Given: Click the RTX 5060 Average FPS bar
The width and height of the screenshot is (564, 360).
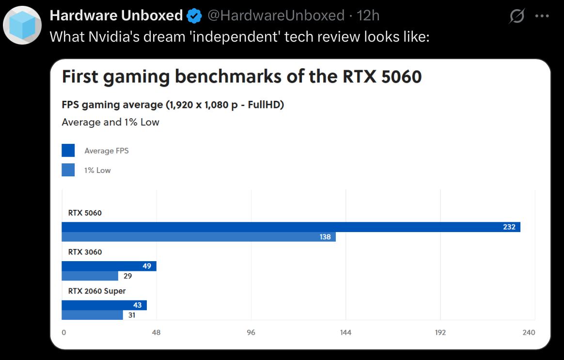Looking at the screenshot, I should [x=291, y=227].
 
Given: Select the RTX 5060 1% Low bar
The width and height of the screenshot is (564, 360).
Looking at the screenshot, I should [x=199, y=237].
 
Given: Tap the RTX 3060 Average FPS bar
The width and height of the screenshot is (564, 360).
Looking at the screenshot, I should [x=109, y=266].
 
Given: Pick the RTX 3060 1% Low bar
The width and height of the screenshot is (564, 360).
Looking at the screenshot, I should [x=90, y=276].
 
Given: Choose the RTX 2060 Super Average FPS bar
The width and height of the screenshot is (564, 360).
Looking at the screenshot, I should [x=104, y=305].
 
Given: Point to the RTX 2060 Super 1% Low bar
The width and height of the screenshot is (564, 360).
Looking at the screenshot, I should [x=92, y=315].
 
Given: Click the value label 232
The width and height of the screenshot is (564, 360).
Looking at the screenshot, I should [x=509, y=227].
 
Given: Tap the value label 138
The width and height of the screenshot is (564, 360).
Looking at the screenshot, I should [x=325, y=237].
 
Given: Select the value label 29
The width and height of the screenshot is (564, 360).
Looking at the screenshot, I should [x=128, y=276].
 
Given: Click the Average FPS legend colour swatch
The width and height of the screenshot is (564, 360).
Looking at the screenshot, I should [x=68, y=151].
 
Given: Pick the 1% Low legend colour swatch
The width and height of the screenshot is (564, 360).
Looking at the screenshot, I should [x=68, y=170].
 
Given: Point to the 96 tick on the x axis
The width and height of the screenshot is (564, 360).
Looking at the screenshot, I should [x=251, y=332].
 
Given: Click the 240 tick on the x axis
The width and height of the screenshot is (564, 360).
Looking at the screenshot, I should [x=529, y=332].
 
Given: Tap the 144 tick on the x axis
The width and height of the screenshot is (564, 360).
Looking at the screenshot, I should [x=345, y=332].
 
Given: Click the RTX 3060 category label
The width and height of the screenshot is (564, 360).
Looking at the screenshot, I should [x=85, y=252].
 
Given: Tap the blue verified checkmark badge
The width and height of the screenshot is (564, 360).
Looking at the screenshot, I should [x=194, y=16].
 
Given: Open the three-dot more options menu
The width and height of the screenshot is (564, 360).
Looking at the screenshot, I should [x=542, y=16].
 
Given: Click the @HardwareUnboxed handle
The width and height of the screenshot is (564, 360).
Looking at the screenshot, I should [x=276, y=16].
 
